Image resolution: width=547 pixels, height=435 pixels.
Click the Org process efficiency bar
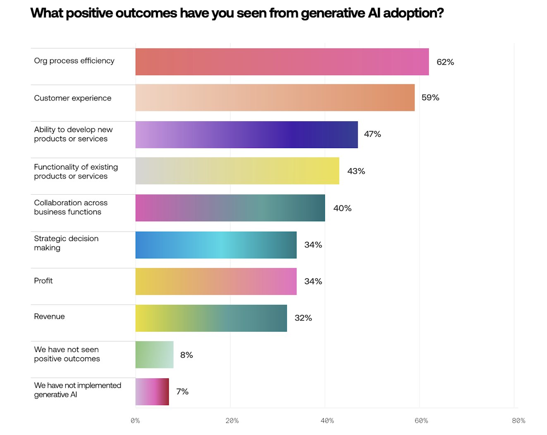pos(282,62)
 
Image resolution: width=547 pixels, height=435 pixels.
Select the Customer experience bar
pos(275,98)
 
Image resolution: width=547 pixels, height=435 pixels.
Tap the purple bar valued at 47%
pos(246,134)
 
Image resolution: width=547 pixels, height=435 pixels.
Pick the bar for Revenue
pos(211,318)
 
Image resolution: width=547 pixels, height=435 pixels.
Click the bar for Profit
pos(216,281)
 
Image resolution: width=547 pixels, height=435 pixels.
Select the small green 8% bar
pos(154,354)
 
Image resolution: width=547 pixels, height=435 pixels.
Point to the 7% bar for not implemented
pos(152,391)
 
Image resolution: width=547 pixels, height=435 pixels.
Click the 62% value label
pos(445,62)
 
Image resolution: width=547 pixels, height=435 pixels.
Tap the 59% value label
pos(430,98)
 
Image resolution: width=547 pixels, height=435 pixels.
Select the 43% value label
pos(356,171)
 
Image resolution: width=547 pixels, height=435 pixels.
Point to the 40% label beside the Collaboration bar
pos(342,208)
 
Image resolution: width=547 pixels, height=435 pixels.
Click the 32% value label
pos(303,318)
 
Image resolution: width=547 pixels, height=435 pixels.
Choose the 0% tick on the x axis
pos(135,421)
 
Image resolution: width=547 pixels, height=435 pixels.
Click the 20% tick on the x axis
pos(232,421)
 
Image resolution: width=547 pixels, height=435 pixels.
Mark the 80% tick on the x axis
pos(518,421)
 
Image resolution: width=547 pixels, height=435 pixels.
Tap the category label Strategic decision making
pos(66,243)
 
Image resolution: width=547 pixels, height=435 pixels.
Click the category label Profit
pos(43,281)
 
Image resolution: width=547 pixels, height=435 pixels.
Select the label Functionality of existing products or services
pos(76,171)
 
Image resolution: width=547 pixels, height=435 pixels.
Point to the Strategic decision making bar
pos(216,245)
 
